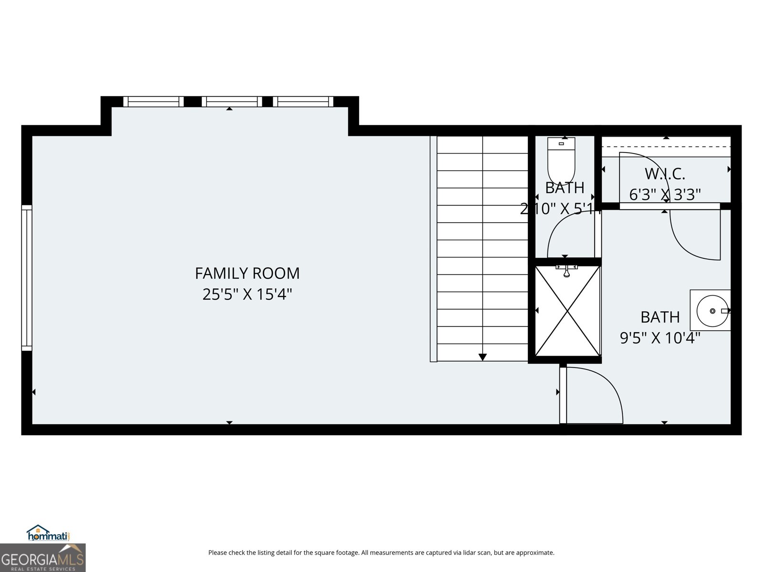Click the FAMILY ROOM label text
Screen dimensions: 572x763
point(247,273)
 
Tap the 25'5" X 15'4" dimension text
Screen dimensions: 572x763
point(247,294)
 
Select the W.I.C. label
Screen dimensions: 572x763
point(665,174)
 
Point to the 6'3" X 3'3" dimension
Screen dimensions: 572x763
point(665,194)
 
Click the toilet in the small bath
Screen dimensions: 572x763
point(561,160)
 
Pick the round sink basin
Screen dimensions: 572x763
point(712,311)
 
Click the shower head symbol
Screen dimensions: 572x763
point(567,272)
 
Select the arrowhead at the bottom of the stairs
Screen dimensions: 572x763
point(482,357)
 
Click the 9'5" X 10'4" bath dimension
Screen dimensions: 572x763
point(660,338)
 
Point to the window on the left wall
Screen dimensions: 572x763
point(26,278)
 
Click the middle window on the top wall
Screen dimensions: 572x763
point(232,102)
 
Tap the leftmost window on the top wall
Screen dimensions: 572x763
point(153,102)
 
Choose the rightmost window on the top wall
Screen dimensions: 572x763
point(303,102)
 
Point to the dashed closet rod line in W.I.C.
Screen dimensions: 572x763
point(666,147)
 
